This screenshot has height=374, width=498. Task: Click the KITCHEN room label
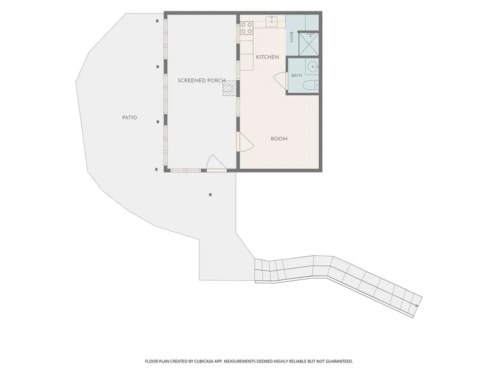267,57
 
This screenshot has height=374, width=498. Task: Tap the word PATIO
129,118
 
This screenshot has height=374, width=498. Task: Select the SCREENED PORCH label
201,80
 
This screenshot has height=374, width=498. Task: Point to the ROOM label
279,139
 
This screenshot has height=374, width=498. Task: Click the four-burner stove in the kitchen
247,27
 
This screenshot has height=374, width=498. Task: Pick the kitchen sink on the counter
272,21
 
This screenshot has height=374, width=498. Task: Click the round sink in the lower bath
313,67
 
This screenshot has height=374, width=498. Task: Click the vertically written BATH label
291,37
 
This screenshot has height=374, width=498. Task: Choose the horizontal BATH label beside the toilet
297,75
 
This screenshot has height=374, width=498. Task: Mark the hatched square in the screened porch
230,88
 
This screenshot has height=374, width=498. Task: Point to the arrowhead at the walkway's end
416,305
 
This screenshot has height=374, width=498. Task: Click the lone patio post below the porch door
210,194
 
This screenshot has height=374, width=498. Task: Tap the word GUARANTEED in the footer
340,361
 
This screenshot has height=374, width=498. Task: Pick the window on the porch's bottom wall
185,171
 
